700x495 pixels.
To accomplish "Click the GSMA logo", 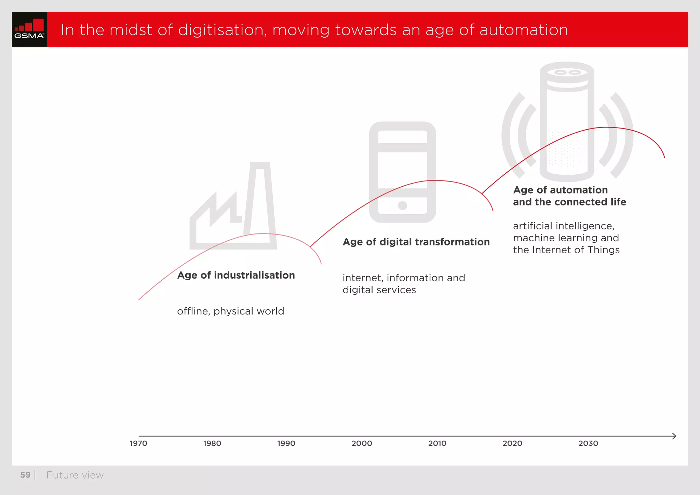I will [29, 29].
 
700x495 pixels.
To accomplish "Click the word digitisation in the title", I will [222, 30].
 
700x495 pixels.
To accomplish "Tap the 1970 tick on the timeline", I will [138, 443].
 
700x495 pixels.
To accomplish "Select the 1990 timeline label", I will [286, 443].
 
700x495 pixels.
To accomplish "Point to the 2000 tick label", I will [362, 443].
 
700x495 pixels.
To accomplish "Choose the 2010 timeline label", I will [437, 443].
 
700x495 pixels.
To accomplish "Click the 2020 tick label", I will [512, 443].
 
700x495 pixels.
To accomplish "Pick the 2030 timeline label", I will [588, 443].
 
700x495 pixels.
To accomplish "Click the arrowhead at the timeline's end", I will [674, 436].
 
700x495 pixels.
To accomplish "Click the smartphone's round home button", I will [403, 205].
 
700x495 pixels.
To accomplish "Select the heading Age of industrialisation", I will [236, 275].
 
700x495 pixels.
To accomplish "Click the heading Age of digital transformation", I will [416, 242].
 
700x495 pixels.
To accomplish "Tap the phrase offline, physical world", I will [231, 311].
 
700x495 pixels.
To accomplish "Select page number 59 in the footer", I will [25, 475].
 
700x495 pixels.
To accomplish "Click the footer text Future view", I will [75, 475].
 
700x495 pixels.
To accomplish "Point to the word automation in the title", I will [524, 30].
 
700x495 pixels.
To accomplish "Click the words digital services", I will [379, 290].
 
